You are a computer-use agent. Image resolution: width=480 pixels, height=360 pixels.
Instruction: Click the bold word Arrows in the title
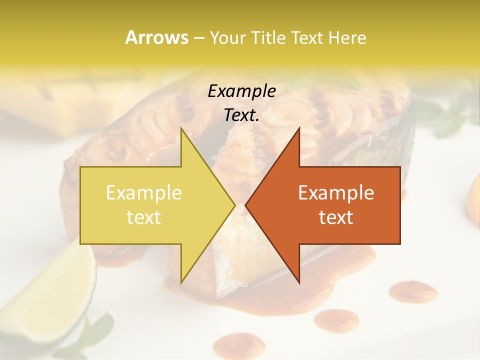click(x=156, y=37)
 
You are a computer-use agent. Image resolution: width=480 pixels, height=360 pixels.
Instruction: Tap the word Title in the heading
click(x=268, y=37)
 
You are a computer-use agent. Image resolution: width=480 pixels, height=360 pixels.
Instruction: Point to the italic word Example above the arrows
click(x=241, y=91)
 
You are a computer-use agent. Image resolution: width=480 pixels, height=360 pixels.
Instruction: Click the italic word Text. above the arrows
click(x=241, y=115)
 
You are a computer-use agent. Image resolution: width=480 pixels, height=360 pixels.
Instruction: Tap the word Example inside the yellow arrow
click(x=144, y=193)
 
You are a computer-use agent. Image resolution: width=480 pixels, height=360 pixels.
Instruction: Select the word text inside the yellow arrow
click(x=144, y=217)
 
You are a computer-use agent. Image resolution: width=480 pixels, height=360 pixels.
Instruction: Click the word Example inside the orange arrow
click(x=336, y=193)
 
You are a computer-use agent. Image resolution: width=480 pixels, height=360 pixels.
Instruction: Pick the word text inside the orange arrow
click(x=336, y=217)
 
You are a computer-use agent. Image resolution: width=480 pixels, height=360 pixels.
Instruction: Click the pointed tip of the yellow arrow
click(x=234, y=204)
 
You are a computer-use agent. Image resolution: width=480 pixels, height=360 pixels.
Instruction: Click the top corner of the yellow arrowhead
click(x=181, y=128)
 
